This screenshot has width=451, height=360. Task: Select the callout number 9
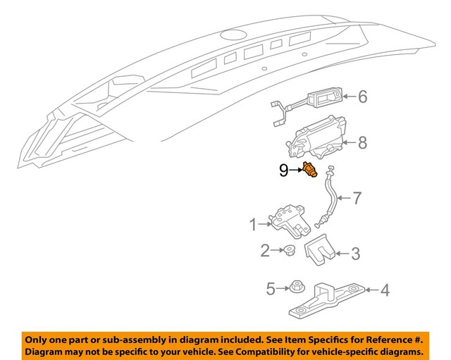283,170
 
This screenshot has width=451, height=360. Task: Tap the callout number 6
362,97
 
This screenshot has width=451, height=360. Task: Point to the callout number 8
362,143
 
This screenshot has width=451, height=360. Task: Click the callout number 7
357,198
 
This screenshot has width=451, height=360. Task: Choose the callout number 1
253,225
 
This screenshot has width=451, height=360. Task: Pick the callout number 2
265,249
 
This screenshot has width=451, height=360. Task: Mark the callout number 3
355,253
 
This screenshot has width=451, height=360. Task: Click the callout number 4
384,289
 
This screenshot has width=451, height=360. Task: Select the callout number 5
270,287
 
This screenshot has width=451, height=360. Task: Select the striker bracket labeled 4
326,299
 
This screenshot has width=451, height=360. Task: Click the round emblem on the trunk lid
230,35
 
